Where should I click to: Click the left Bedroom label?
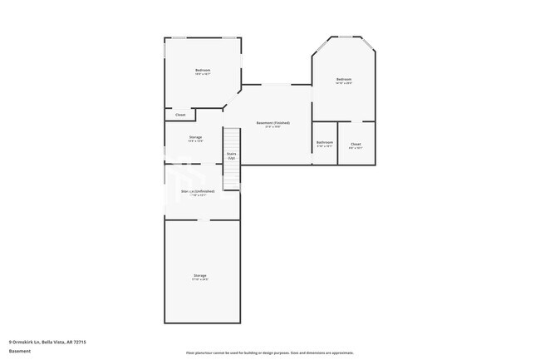pos(203,70)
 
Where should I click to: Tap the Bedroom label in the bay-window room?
pos(344,79)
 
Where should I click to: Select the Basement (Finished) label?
pos(272,123)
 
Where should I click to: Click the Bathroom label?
pos(324,143)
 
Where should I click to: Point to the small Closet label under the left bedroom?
pos(180,115)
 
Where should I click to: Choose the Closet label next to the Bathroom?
pos(356,144)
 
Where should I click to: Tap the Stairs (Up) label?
pos(231,155)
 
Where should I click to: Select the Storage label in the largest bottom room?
pos(200,275)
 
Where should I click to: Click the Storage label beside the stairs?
pos(196,137)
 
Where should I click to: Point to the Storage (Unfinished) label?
pos(199,191)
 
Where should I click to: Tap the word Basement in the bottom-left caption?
pos(20,351)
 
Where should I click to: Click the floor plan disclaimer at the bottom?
pos(270,352)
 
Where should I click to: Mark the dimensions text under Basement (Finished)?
pos(272,127)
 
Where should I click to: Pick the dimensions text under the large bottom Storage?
pos(200,279)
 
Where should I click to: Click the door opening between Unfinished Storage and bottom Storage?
pos(201,219)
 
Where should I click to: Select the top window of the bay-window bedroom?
pos(344,37)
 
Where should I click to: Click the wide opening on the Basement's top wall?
pos(277,84)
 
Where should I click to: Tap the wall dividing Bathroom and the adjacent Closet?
pos(337,142)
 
